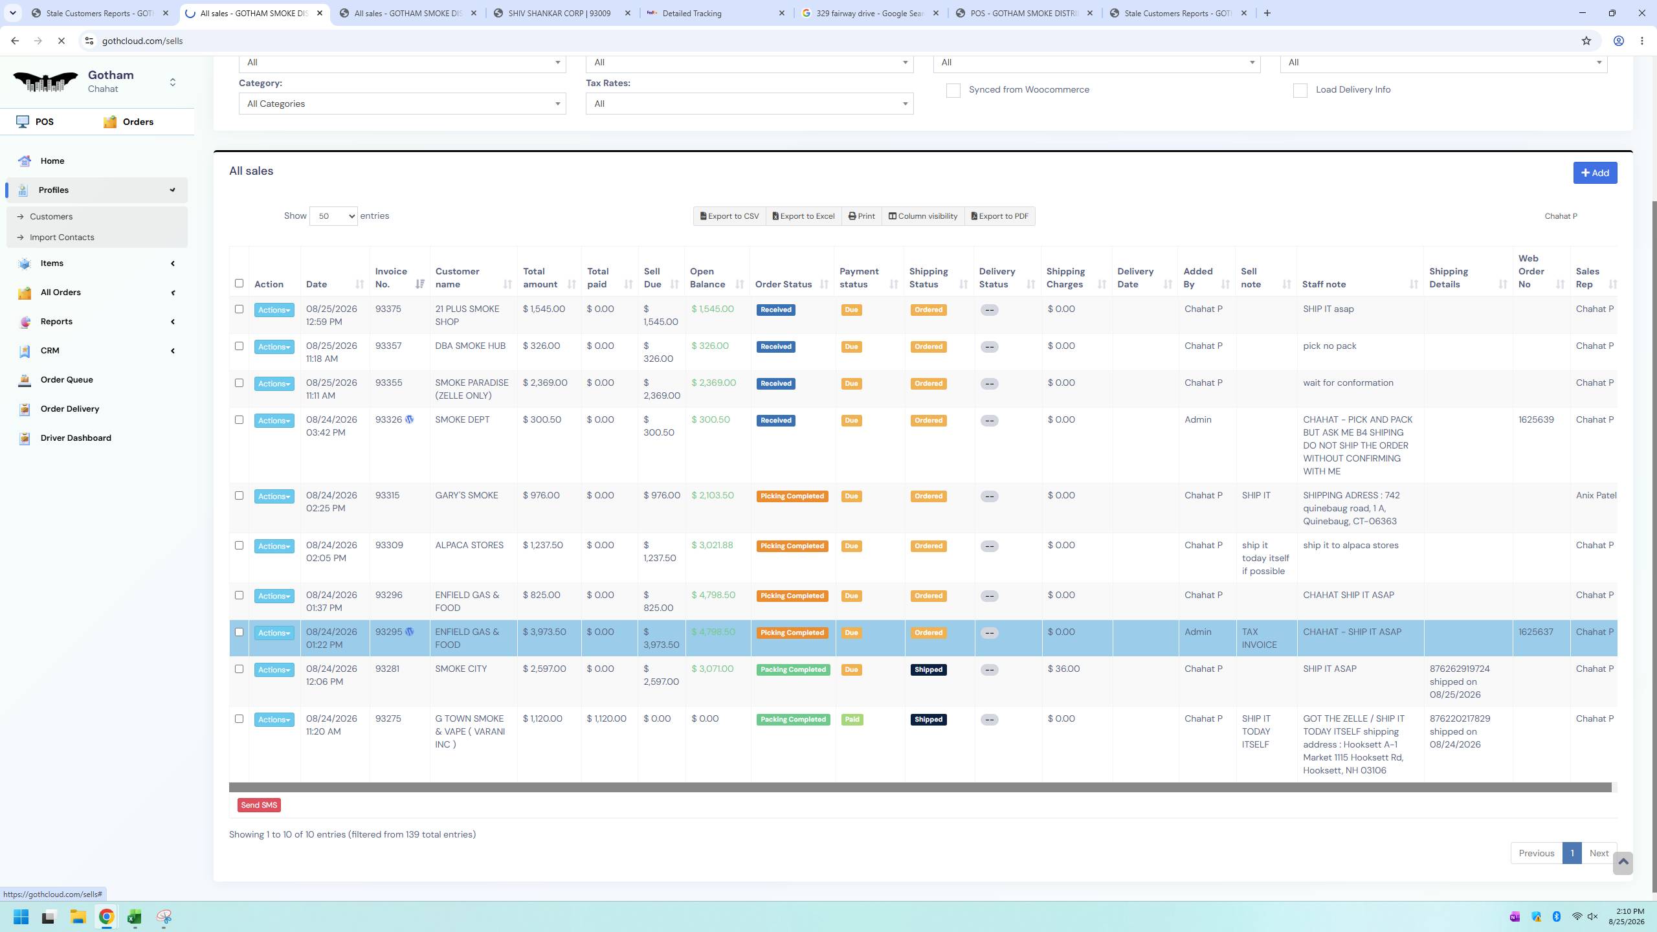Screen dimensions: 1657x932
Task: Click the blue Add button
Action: (1595, 173)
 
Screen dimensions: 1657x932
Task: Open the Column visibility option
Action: (923, 216)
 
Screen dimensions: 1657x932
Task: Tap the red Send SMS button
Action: (259, 805)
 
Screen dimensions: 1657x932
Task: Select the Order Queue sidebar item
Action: (67, 380)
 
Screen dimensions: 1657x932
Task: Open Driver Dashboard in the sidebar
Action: (76, 438)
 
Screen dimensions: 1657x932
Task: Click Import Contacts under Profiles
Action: (62, 238)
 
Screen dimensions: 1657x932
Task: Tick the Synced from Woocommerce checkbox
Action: (953, 91)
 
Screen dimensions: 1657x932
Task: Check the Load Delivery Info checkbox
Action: (1300, 91)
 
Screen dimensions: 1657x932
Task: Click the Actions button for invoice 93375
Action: (274, 310)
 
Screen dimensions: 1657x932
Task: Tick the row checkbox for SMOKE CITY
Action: (239, 669)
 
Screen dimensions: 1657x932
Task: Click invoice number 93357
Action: (388, 346)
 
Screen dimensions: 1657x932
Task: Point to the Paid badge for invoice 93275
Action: (852, 720)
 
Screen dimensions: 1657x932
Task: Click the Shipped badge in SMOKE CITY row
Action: (928, 670)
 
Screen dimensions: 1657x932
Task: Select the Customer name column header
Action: (457, 278)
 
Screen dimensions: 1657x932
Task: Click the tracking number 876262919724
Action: (1460, 669)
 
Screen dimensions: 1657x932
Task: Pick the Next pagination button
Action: (1599, 853)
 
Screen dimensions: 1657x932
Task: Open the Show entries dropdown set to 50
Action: (333, 216)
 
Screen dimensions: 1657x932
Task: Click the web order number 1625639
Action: (1536, 420)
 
